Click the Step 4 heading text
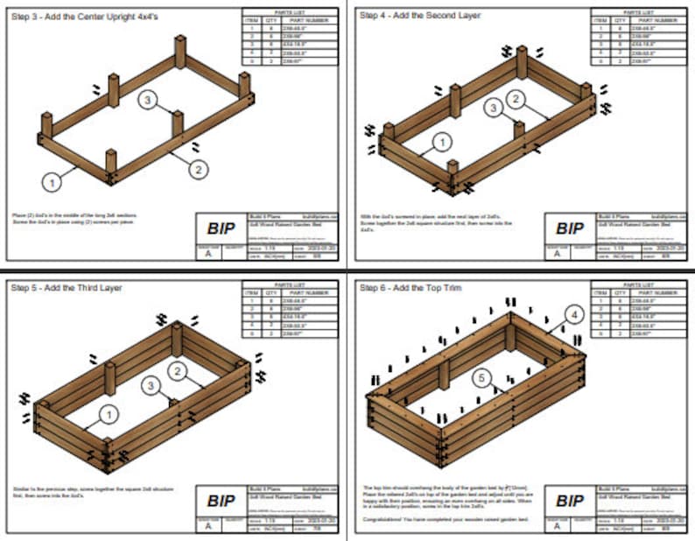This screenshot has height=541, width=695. click(x=421, y=16)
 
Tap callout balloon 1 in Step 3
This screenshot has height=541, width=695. click(x=53, y=182)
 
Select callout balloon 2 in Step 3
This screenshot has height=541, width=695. click(x=199, y=168)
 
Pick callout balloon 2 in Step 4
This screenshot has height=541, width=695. click(x=516, y=99)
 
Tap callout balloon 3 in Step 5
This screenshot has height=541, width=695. click(x=151, y=384)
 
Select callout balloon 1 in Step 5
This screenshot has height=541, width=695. click(x=108, y=412)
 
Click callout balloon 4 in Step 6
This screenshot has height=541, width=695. click(x=573, y=313)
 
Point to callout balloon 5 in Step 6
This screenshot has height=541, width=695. click(x=480, y=378)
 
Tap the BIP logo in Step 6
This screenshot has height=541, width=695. click(x=570, y=501)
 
